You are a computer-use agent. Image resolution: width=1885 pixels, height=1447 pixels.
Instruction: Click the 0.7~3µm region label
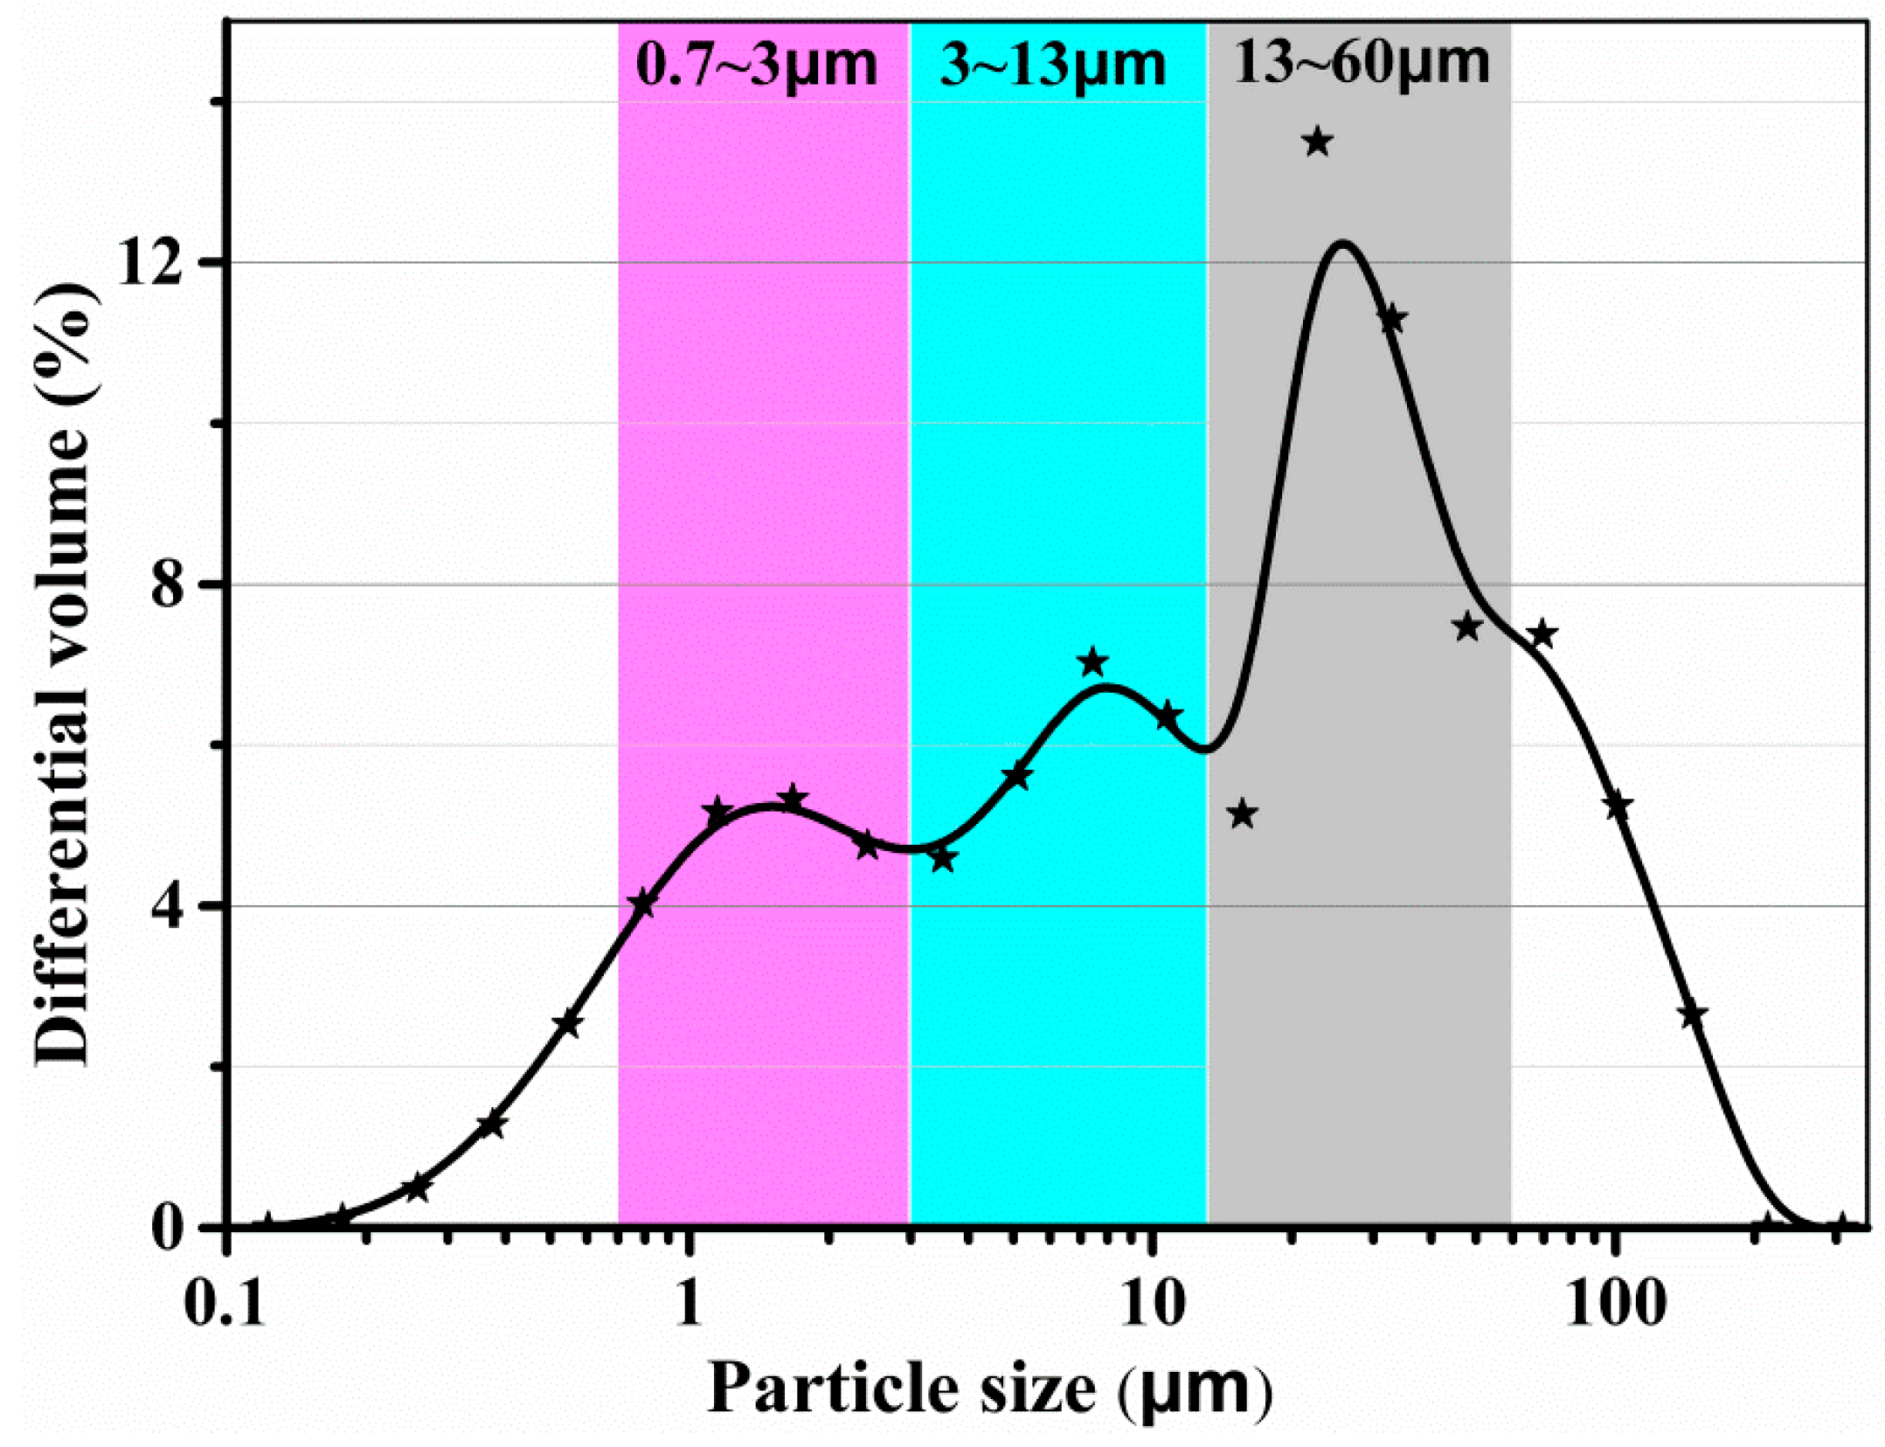pyautogui.click(x=756, y=66)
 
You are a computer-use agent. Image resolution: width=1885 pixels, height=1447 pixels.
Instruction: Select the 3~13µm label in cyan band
pyautogui.click(x=1052, y=66)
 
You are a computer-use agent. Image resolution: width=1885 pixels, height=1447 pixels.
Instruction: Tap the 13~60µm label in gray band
pyautogui.click(x=1361, y=64)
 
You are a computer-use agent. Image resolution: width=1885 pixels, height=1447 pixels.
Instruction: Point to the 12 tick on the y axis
pyautogui.click(x=150, y=261)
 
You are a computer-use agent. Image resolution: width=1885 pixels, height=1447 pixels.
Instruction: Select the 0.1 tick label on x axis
pyautogui.click(x=225, y=1305)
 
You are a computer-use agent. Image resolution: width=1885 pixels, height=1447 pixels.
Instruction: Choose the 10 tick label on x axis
pyautogui.click(x=1153, y=1305)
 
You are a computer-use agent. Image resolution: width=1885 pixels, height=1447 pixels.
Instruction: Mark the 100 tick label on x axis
pyautogui.click(x=1615, y=1305)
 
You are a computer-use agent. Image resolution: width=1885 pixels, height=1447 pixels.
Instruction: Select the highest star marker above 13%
pyautogui.click(x=1317, y=142)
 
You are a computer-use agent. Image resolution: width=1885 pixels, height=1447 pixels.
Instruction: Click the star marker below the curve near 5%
pyautogui.click(x=1242, y=814)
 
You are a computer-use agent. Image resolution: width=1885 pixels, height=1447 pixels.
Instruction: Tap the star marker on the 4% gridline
pyautogui.click(x=642, y=904)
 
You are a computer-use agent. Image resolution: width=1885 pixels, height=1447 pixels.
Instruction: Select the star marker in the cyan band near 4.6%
pyautogui.click(x=942, y=859)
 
